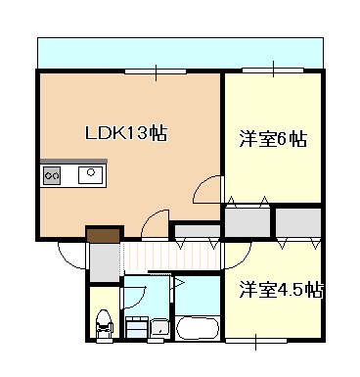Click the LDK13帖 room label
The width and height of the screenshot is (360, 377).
[125, 132]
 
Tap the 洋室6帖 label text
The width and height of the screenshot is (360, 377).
[273, 140]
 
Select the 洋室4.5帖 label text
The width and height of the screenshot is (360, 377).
[281, 290]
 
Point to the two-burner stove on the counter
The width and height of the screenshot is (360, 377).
[53, 176]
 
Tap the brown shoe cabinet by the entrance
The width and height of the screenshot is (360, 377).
[102, 234]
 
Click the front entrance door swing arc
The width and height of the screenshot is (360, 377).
[72, 257]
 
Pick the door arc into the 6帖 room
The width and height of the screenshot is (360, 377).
[207, 188]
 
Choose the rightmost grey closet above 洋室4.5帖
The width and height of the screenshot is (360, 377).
[296, 222]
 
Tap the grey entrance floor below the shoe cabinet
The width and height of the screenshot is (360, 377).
[103, 261]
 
